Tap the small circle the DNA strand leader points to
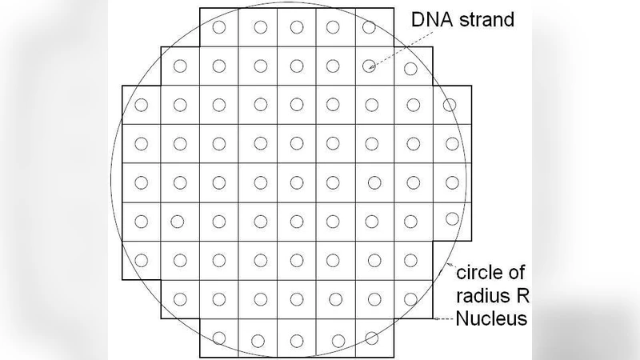coord(369,66)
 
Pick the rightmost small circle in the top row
coord(369,27)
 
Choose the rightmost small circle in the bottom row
coord(371,338)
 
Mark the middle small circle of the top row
coord(295,27)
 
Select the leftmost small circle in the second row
coord(181,66)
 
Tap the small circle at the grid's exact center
coord(296,182)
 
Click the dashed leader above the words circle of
coord(450,266)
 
